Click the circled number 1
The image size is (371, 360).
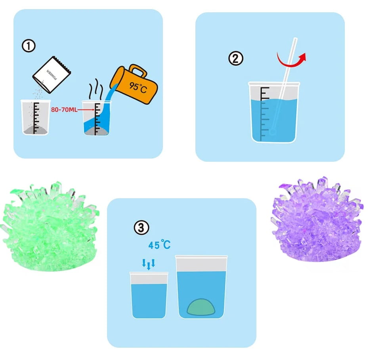29,46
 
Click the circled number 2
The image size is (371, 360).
236,58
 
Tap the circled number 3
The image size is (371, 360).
142,228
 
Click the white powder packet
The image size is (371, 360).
52,75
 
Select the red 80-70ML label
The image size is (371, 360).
64,109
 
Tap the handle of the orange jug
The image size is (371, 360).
138,70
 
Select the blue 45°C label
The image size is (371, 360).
159,245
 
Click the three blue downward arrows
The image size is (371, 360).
148,264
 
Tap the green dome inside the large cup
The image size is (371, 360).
201,307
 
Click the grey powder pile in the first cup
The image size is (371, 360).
36,130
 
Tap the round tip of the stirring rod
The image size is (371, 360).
273,132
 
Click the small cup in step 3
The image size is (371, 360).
149,295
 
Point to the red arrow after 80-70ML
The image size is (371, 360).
86,109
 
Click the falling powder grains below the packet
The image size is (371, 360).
38,91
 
